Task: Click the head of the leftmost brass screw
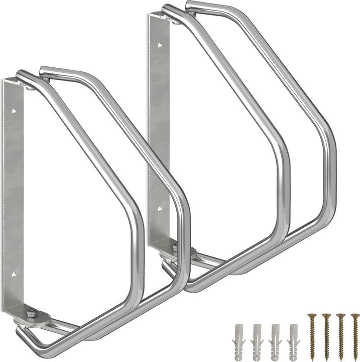coord(309,317)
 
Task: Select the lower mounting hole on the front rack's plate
coord(14,275)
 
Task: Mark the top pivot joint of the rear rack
coord(174,19)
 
